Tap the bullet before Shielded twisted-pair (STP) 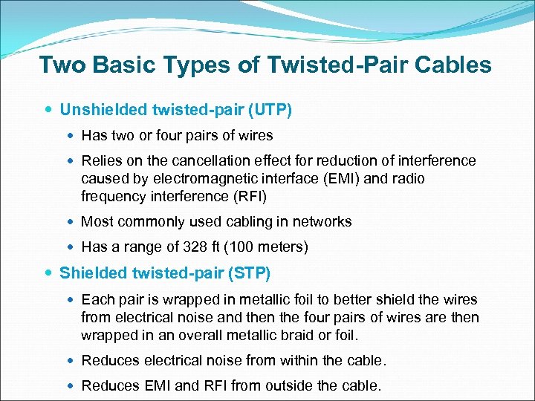pyautogui.click(x=49, y=273)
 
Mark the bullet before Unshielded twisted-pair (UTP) pyautogui.click(x=49, y=111)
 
